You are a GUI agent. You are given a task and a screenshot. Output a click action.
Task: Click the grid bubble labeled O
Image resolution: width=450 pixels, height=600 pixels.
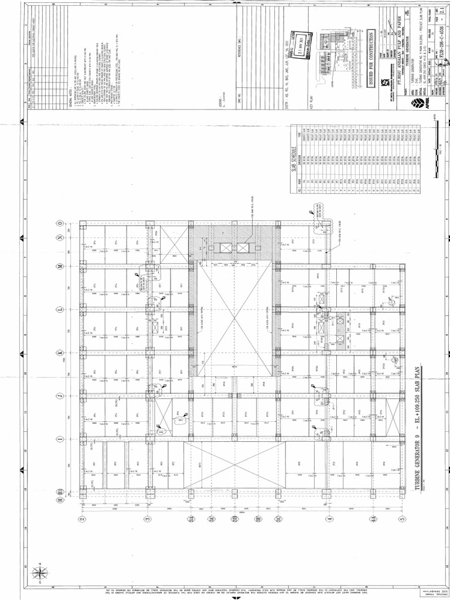(60, 223)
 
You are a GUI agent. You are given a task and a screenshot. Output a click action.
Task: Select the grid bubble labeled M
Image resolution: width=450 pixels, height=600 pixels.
(60, 265)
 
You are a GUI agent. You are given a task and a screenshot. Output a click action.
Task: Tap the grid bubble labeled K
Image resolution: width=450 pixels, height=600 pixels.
(60, 353)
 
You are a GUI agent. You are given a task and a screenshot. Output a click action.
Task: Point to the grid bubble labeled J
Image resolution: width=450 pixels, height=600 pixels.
(60, 396)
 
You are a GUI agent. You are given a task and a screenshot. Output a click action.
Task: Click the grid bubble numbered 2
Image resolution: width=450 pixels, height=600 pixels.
(83, 519)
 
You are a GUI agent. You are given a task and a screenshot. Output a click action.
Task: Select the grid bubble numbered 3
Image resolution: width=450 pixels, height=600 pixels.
(147, 519)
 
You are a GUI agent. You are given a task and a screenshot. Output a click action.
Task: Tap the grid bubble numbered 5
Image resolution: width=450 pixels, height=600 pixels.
(402, 519)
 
